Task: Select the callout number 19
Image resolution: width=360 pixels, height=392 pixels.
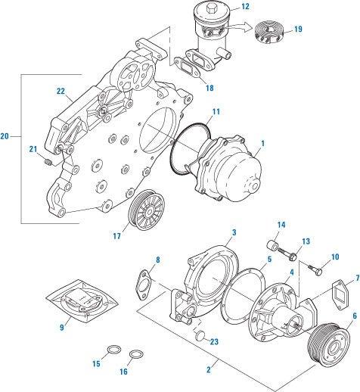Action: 298,30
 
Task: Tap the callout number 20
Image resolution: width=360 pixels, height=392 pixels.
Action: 6,136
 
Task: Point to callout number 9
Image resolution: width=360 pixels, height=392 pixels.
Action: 62,328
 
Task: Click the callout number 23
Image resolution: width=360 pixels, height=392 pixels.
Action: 216,341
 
